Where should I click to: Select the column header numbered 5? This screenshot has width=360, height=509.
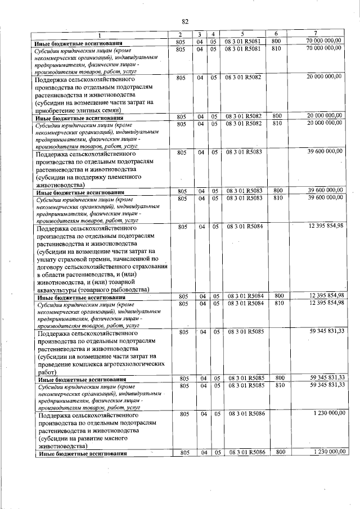pos(242,35)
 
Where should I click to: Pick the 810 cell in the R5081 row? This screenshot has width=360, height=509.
pos(276,49)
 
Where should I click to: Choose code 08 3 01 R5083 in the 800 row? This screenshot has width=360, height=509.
pos(242,190)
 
